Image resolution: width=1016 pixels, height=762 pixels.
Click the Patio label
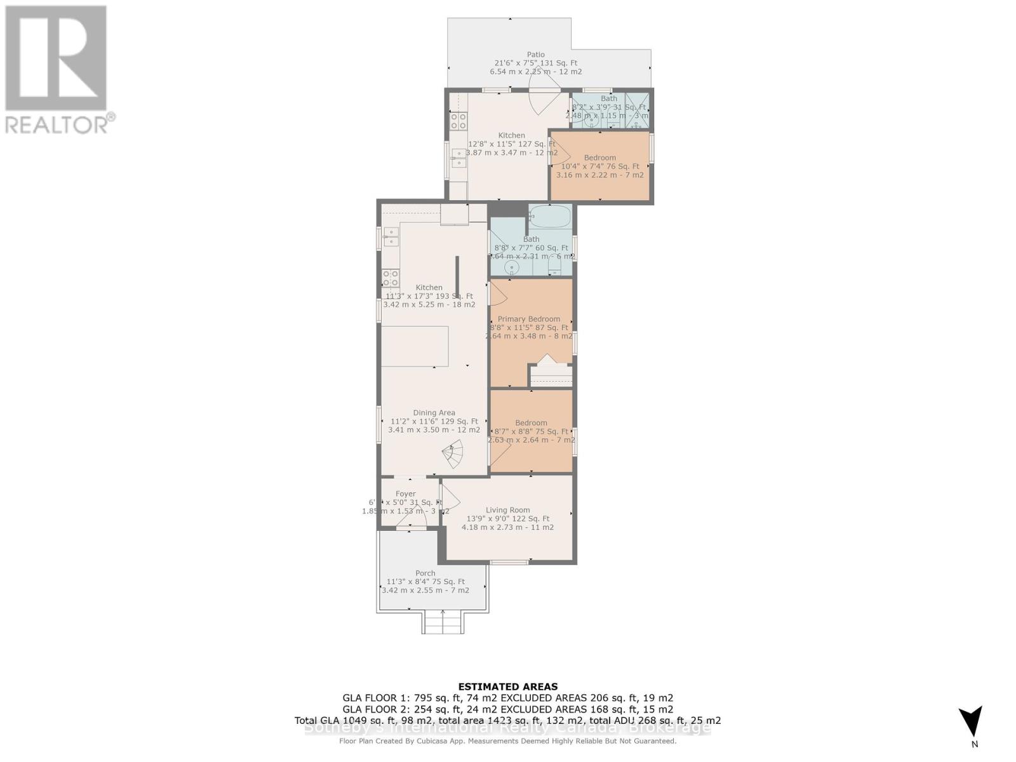535,55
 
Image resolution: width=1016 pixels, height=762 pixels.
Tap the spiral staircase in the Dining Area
455,453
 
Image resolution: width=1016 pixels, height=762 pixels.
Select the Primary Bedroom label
528,319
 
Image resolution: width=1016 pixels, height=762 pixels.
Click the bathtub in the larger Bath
550,217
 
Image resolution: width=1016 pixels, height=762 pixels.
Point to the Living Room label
507,510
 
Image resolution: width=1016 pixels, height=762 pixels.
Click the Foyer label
405,493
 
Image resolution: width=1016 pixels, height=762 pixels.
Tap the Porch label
425,573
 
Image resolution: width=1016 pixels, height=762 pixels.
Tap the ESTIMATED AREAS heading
507,686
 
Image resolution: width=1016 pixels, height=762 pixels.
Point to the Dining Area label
434,413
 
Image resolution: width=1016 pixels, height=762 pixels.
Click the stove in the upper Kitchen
458,121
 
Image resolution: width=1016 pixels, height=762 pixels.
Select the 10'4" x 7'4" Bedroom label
599,157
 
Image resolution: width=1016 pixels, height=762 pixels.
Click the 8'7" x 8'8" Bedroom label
531,423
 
